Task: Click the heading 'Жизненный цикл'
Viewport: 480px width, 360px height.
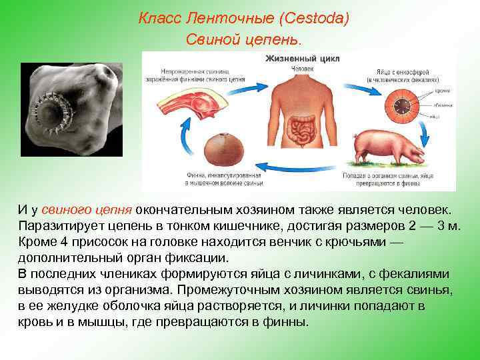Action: point(303,59)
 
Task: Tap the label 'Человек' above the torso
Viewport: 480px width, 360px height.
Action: point(303,68)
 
